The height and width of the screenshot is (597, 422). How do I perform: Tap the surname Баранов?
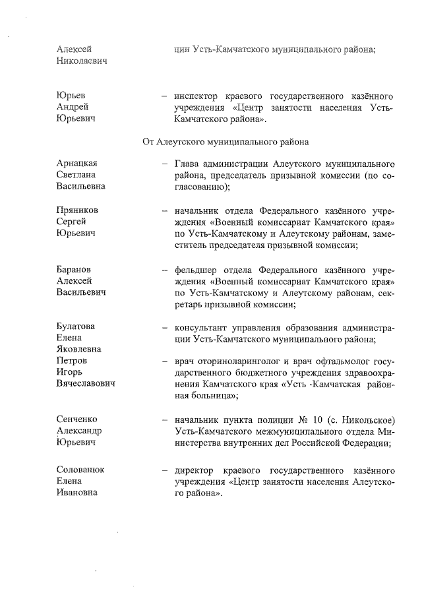tap(73, 270)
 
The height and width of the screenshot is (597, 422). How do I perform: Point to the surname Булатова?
tap(76, 327)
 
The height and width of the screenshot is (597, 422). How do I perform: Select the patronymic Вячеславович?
tap(86, 384)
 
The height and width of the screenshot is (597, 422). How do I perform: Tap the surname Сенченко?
tap(76, 420)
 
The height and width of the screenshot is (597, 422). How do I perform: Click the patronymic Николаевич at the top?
tap(82, 61)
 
